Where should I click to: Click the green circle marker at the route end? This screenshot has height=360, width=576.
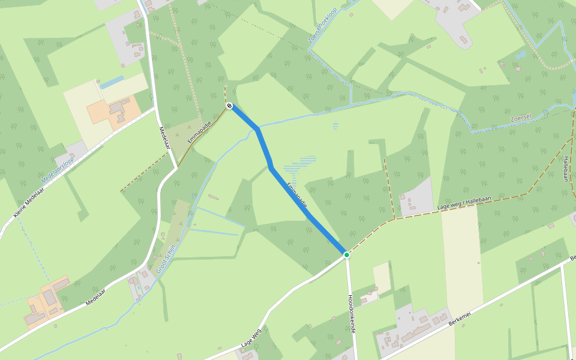[x=347, y=255]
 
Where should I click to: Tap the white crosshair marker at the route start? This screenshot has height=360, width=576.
[x=230, y=106]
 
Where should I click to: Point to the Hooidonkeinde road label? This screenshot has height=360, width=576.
[x=352, y=314]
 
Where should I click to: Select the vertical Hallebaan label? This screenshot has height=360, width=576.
[x=565, y=167]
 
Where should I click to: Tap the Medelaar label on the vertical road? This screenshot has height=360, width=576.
[x=165, y=139]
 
